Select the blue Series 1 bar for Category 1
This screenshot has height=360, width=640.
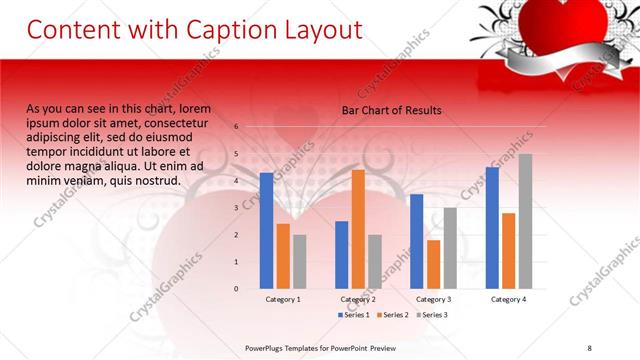[266, 230]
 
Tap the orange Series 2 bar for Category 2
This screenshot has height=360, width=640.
[358, 229]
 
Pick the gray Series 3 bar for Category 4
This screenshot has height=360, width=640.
[525, 221]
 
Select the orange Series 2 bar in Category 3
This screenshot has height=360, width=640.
[433, 264]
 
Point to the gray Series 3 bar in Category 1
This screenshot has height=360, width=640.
[299, 261]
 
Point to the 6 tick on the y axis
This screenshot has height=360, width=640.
[236, 127]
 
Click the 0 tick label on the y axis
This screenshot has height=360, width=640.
[236, 288]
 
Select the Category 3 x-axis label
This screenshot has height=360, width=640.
[433, 299]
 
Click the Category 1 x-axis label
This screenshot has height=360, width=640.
[283, 299]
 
